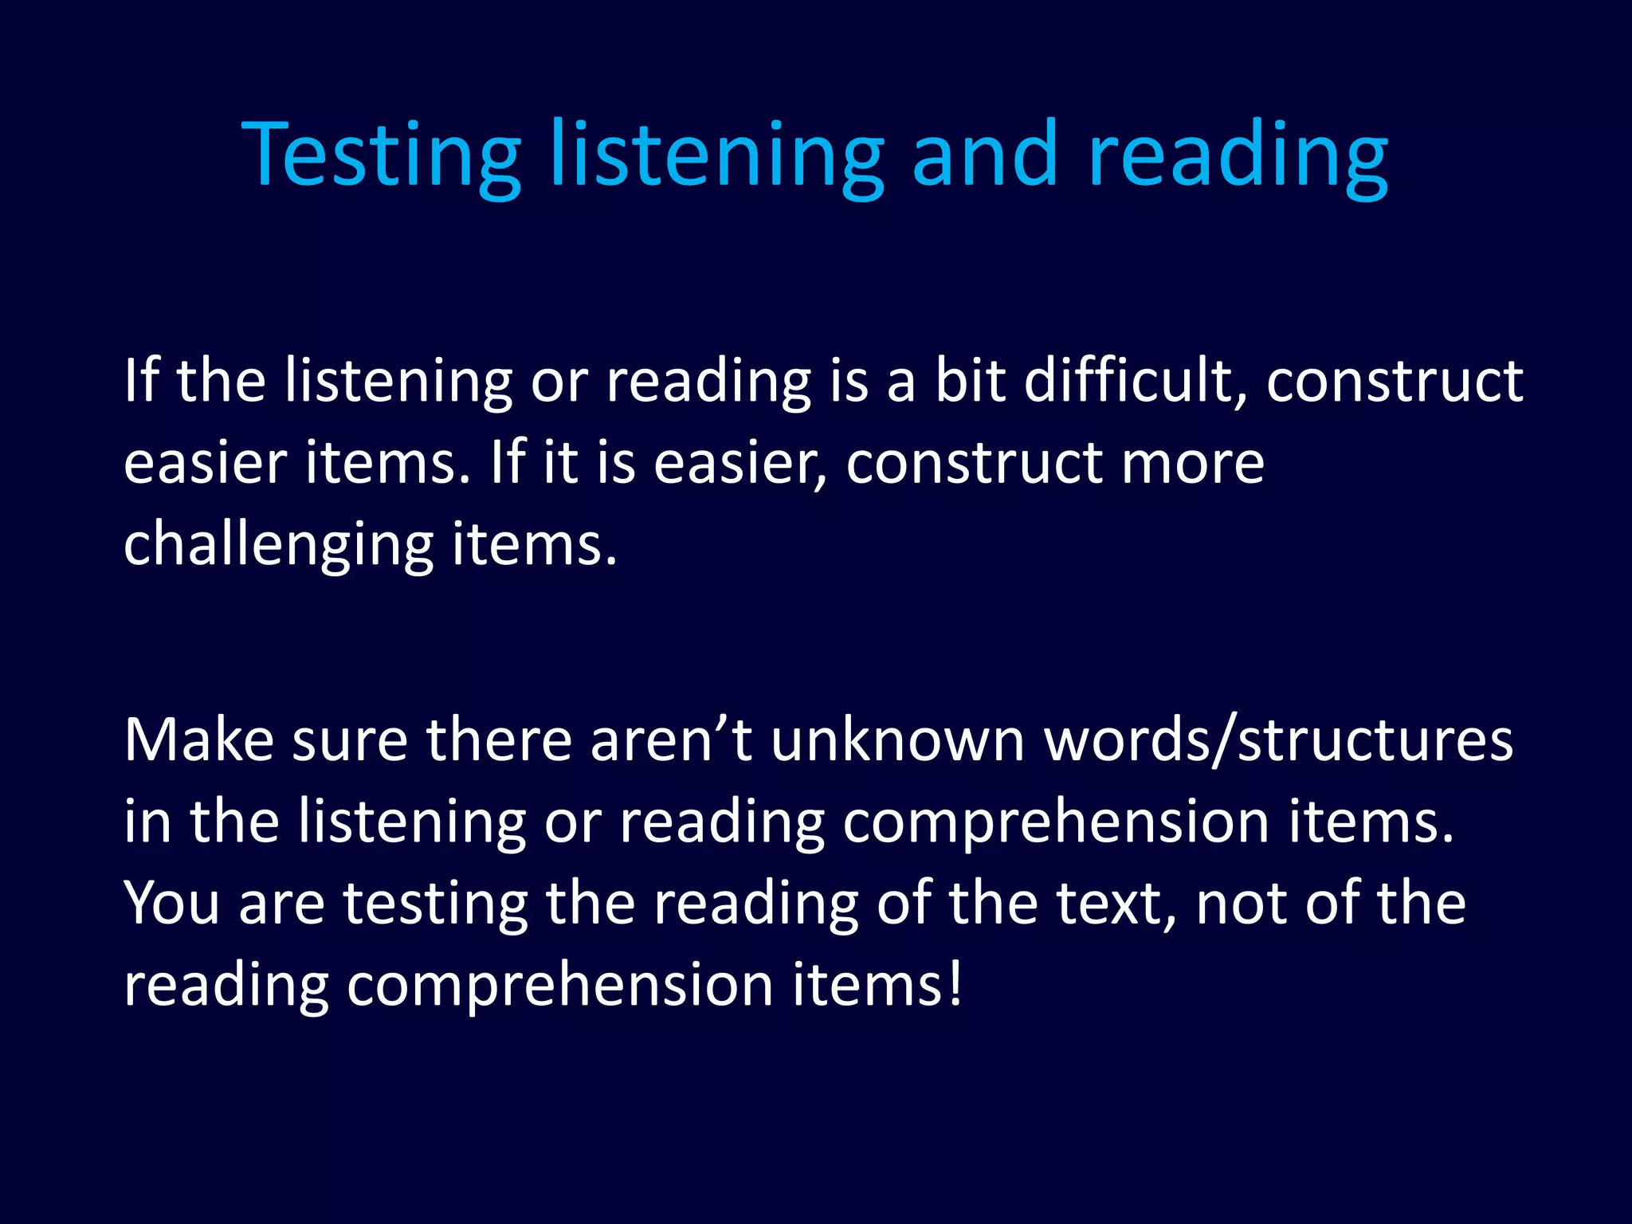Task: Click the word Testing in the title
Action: [x=380, y=155]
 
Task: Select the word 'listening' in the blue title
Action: [x=716, y=155]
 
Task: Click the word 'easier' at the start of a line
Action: [x=205, y=464]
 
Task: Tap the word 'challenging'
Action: [x=278, y=547]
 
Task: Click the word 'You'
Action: [x=171, y=904]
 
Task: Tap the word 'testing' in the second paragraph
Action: [x=435, y=904]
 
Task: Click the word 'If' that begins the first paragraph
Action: [x=141, y=381]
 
